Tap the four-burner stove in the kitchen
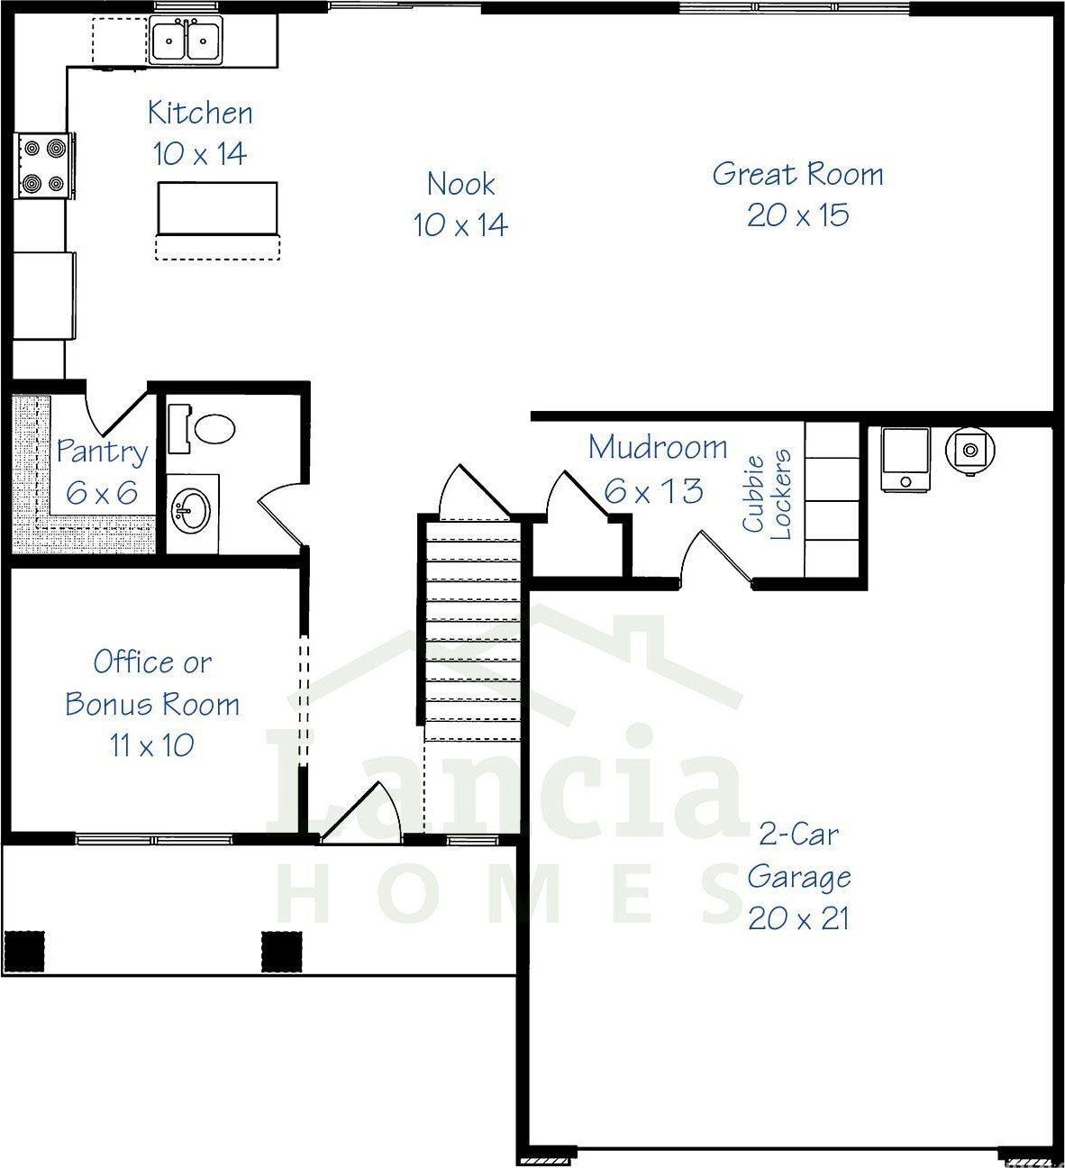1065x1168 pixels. (x=44, y=165)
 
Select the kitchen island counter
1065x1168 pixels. (x=217, y=207)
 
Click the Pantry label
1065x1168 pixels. (x=101, y=452)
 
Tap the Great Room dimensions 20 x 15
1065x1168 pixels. (x=797, y=214)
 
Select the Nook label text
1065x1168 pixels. (x=460, y=184)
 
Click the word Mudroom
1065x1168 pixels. (x=657, y=447)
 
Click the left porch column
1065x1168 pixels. (x=24, y=951)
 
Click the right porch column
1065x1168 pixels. (x=281, y=951)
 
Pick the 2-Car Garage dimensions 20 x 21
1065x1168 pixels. (x=797, y=918)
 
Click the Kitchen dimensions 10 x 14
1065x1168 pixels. (x=200, y=154)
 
